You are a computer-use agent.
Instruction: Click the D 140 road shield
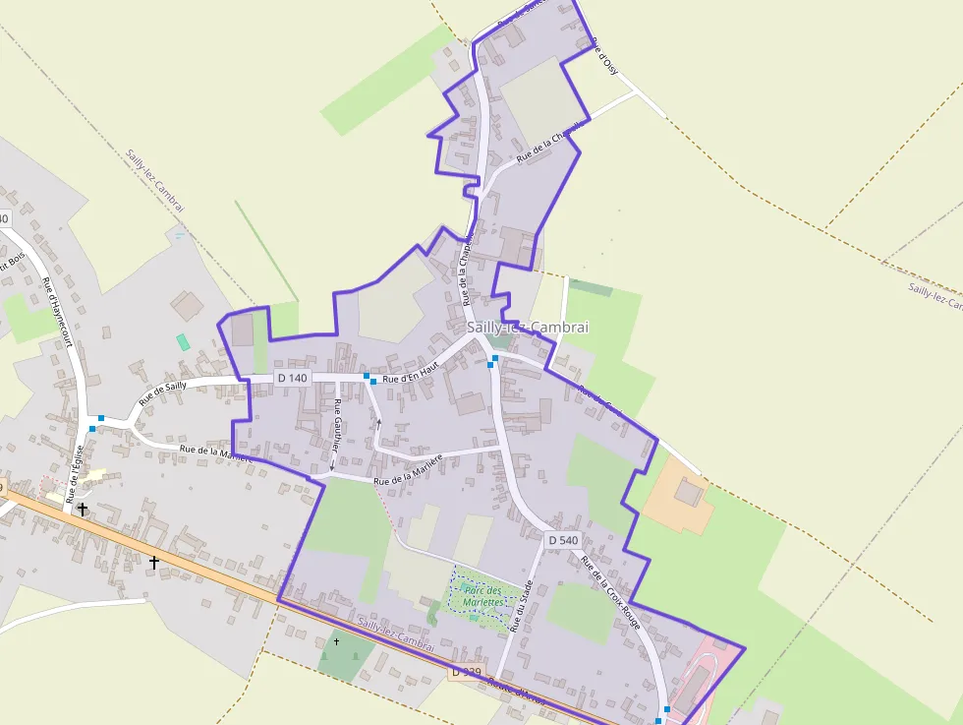pyautogui.click(x=293, y=378)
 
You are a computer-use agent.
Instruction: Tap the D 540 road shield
pyautogui.click(x=563, y=540)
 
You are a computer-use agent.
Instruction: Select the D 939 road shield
pyautogui.click(x=467, y=672)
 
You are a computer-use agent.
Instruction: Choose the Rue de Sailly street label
pyautogui.click(x=162, y=393)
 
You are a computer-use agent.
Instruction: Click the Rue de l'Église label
pyautogui.click(x=75, y=475)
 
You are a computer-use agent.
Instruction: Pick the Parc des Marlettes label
pyautogui.click(x=482, y=595)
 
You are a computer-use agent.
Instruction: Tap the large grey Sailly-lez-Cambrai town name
pyautogui.click(x=527, y=328)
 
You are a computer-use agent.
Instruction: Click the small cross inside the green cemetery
pyautogui.click(x=336, y=641)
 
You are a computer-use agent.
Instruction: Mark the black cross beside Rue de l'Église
pyautogui.click(x=83, y=509)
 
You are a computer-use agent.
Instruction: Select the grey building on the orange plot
pyautogui.click(x=691, y=491)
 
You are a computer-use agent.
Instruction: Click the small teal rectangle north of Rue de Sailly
pyautogui.click(x=183, y=342)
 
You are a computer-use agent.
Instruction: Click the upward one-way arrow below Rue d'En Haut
pyautogui.click(x=378, y=424)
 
